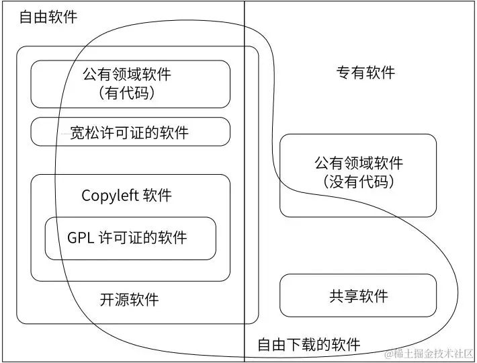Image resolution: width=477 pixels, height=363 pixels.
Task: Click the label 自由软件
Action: pos(48,17)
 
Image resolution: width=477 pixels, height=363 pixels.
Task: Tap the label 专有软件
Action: pos(365,73)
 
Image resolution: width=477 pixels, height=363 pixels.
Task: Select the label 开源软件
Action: pos(130,299)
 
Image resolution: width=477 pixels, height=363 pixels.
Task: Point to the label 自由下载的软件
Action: pos(309,345)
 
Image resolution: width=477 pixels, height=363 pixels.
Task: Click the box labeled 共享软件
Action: pos(358,296)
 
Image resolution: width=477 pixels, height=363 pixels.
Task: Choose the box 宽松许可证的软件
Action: pos(130,132)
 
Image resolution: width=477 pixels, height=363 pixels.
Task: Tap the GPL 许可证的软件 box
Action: pos(130,237)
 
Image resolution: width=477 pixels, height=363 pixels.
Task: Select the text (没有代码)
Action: pos(359,182)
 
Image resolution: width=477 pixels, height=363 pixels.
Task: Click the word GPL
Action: pos(81,237)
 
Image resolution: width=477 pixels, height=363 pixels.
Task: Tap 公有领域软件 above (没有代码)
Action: pos(359,163)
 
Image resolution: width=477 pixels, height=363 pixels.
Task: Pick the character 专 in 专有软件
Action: pos(343,73)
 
